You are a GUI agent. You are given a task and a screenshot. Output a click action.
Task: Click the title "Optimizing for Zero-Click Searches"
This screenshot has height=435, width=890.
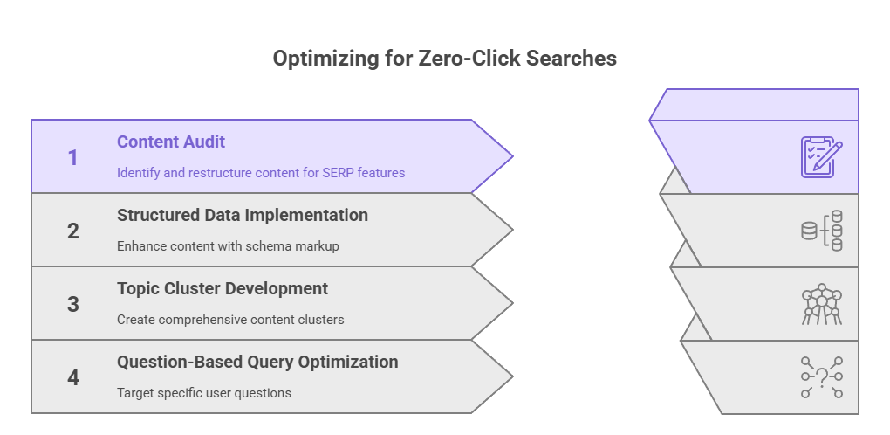(x=444, y=59)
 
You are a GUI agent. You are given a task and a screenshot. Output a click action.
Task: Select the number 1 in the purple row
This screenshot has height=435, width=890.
(x=73, y=158)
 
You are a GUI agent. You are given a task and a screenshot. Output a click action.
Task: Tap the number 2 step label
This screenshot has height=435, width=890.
(x=73, y=231)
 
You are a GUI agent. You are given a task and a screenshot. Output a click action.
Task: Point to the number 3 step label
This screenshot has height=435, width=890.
(x=73, y=305)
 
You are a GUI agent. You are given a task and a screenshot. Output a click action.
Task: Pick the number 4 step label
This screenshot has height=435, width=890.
(x=73, y=378)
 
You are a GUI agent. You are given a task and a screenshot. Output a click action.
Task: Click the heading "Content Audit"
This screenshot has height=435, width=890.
(x=171, y=142)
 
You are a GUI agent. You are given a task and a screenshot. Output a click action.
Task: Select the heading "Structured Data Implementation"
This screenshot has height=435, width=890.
(x=243, y=215)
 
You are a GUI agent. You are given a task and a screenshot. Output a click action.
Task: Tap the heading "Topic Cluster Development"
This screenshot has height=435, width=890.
(x=222, y=288)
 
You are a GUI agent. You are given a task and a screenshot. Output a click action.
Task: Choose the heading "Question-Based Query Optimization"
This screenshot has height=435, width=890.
(x=257, y=362)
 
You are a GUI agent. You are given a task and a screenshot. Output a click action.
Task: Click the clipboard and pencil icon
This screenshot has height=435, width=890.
(x=822, y=157)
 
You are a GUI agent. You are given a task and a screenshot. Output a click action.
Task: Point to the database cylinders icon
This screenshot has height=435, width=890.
(x=822, y=231)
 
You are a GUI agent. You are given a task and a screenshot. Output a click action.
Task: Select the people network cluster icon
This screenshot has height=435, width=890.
(x=822, y=304)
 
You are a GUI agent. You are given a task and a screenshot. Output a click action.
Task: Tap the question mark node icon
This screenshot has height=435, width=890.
(x=822, y=377)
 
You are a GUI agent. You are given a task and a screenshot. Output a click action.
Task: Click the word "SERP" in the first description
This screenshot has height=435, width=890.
(x=336, y=173)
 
